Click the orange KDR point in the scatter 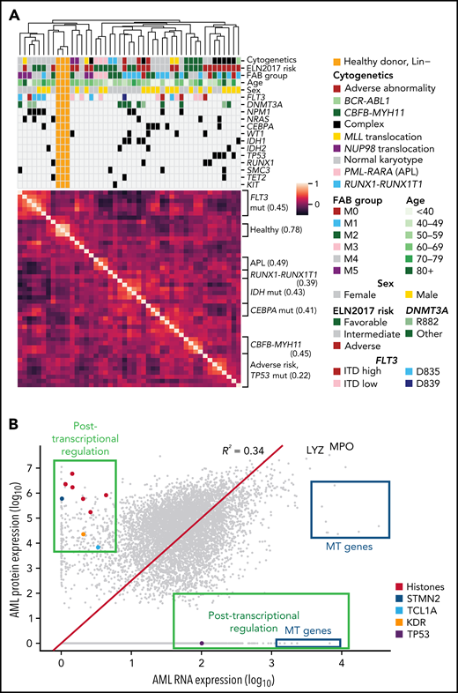[x=83, y=534]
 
